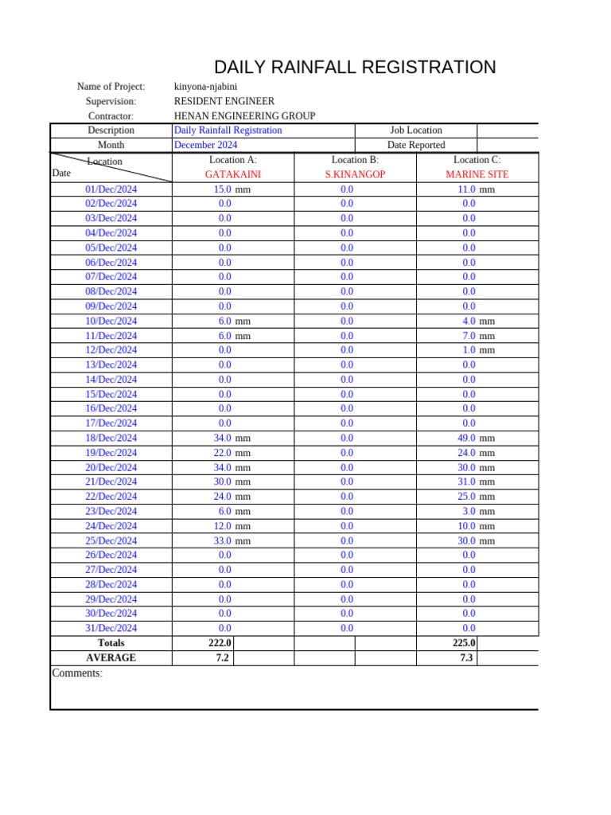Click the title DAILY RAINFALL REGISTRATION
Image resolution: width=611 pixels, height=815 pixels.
coord(355,68)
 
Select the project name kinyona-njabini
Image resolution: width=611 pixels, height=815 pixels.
coord(205,87)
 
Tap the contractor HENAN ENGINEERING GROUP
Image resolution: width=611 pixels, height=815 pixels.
coord(244,116)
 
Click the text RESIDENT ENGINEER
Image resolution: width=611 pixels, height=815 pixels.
coord(224,101)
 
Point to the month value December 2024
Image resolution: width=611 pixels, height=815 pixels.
coord(205,145)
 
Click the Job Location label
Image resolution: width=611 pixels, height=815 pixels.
coord(416,131)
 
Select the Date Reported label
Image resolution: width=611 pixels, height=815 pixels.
coord(416,145)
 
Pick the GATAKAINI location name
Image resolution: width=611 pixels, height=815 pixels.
coord(233,174)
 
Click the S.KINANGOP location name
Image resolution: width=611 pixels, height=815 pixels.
coord(355,174)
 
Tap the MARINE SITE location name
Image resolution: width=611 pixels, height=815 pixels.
coord(477,174)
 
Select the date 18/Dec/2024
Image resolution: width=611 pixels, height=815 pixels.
coord(111,438)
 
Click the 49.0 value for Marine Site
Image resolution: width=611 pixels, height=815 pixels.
coord(466,438)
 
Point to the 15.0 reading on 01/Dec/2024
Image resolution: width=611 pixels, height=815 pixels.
coord(222,189)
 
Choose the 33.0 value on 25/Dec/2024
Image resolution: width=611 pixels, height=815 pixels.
coord(222,540)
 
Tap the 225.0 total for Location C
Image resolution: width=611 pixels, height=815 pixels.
coord(464,643)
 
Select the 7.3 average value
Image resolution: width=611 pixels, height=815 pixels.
coord(466,657)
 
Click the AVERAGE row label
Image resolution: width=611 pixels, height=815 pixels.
coord(111,657)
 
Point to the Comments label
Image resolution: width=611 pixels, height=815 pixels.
coord(77,673)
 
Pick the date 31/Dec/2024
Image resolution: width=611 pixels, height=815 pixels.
coord(111,628)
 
